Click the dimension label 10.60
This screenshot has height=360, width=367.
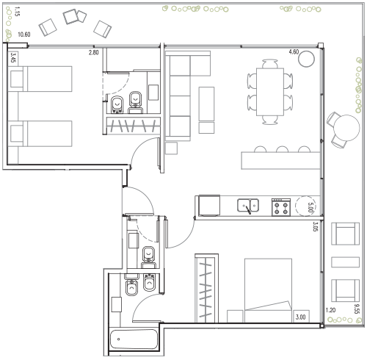24,35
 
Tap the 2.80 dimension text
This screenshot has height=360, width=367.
94,52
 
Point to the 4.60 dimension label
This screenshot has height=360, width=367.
294,52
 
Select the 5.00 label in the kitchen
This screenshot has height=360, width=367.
310,207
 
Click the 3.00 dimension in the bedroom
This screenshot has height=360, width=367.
300,317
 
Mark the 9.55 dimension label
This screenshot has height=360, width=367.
357,309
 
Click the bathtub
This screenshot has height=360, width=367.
134,339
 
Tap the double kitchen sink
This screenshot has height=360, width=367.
248,206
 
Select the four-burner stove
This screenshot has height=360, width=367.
281,207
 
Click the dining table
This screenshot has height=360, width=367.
270,92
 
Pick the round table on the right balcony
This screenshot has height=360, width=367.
347,128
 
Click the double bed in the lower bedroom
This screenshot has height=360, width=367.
268,290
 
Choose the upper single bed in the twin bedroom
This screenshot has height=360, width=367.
40,79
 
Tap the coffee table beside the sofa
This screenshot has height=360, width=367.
206,104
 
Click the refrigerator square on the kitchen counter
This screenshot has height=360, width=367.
209,205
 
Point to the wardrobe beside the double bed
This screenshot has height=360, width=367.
206,288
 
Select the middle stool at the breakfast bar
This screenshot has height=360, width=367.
282,149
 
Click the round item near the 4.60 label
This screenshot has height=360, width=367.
306,59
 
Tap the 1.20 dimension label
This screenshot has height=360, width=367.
330,310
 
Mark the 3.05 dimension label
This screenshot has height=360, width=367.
315,226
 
